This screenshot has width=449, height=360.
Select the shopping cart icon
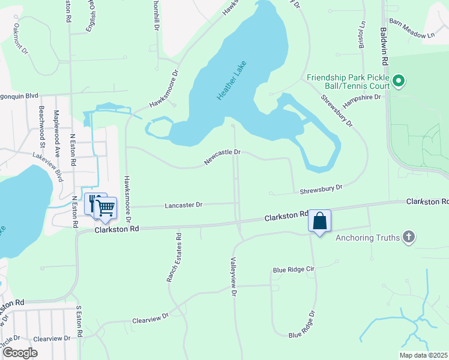106,208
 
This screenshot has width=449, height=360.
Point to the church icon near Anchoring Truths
409,238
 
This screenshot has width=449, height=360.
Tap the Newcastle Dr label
222,157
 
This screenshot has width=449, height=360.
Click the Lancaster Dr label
184,205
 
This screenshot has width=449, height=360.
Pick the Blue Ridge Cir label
294,269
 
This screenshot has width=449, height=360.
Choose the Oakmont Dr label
20,39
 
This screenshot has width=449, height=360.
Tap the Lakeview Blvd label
50,166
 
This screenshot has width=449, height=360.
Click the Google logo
20,352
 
